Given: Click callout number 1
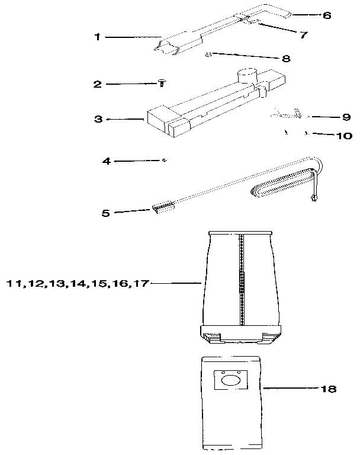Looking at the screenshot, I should point(97,37).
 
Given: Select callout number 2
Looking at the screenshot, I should point(97,84).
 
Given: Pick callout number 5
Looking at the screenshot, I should point(105,212).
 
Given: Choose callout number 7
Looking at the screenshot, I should point(303,35).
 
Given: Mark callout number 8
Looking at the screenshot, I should point(286,58).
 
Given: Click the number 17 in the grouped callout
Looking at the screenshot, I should point(139,284).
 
